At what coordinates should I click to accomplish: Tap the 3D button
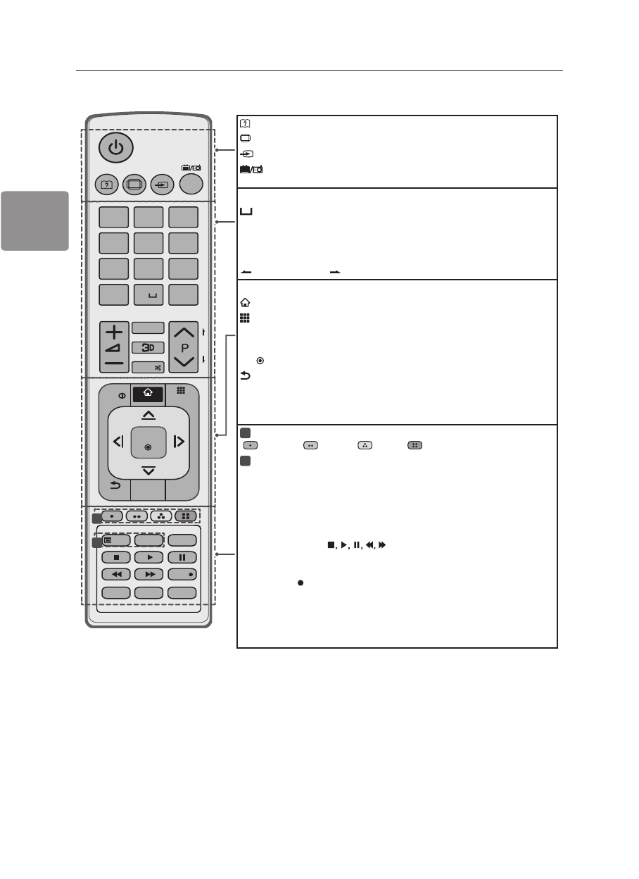coord(148,347)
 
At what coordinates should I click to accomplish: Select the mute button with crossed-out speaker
coord(148,367)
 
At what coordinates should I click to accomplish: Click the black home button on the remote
coord(148,395)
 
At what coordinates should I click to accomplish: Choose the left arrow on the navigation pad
coord(118,442)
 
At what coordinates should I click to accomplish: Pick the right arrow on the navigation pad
coord(179,442)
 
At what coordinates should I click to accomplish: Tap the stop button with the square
coord(116,557)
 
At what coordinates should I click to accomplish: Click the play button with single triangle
coord(148,557)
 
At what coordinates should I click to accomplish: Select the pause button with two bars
coord(182,557)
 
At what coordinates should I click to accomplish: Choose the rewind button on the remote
coord(116,574)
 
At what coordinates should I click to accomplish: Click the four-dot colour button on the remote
coord(186,516)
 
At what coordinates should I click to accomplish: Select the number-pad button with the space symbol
coord(148,296)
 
